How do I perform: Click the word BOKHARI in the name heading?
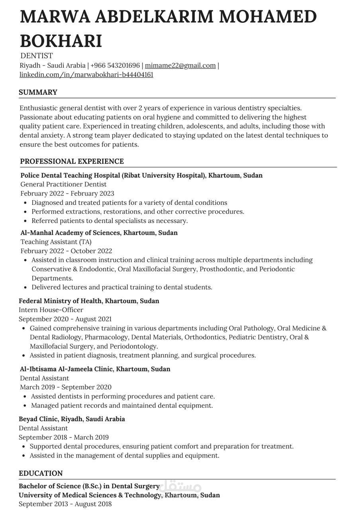coord(61,41)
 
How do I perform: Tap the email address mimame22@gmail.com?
coord(180,65)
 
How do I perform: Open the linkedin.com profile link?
coord(86,75)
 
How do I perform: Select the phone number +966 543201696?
coord(115,65)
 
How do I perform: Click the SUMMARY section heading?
coord(38,92)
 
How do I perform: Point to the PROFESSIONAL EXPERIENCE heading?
coord(72,161)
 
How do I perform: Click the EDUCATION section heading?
coord(41,473)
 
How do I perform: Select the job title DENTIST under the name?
coord(36,56)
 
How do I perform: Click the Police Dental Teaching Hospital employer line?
coord(141,175)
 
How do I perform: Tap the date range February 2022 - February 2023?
coord(67,193)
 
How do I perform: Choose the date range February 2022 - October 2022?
coord(66,251)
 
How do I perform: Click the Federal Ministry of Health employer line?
coord(89,301)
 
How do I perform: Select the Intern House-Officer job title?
coord(51,310)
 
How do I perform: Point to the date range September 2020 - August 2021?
coord(65,319)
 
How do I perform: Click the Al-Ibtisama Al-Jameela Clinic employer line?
coord(95,369)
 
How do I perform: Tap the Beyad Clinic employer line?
coord(72,419)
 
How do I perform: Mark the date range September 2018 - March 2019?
coord(64,437)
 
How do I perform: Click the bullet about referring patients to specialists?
coord(110,221)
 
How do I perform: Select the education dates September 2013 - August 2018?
coord(65,504)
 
